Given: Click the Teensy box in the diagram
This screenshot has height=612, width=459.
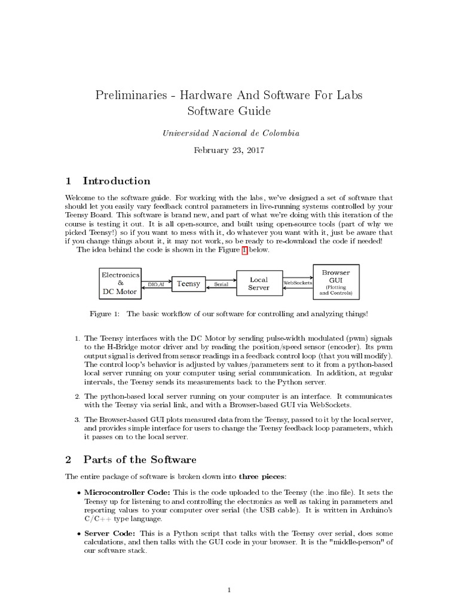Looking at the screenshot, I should (x=188, y=284).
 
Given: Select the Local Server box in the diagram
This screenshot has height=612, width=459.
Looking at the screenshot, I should (x=259, y=284).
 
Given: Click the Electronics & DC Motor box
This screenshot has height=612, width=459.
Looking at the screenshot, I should (x=120, y=283).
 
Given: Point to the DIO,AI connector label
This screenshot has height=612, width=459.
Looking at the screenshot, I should (x=157, y=285).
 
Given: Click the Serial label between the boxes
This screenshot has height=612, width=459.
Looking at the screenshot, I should (x=221, y=285).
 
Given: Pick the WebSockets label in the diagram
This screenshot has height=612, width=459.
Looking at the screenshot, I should (x=298, y=282).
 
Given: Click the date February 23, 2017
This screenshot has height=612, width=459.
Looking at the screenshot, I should (x=229, y=150).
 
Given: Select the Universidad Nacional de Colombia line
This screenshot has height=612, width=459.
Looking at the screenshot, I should (x=229, y=133).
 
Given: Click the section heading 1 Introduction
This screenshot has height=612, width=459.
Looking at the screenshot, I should (x=108, y=181).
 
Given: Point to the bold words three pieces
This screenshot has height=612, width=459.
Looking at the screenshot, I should (x=262, y=476).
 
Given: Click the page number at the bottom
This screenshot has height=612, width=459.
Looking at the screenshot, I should (x=229, y=590).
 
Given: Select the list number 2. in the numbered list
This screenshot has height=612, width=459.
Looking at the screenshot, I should (x=77, y=396).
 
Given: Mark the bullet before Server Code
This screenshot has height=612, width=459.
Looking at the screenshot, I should (x=79, y=533).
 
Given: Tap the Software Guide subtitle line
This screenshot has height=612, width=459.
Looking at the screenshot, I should (x=229, y=111).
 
